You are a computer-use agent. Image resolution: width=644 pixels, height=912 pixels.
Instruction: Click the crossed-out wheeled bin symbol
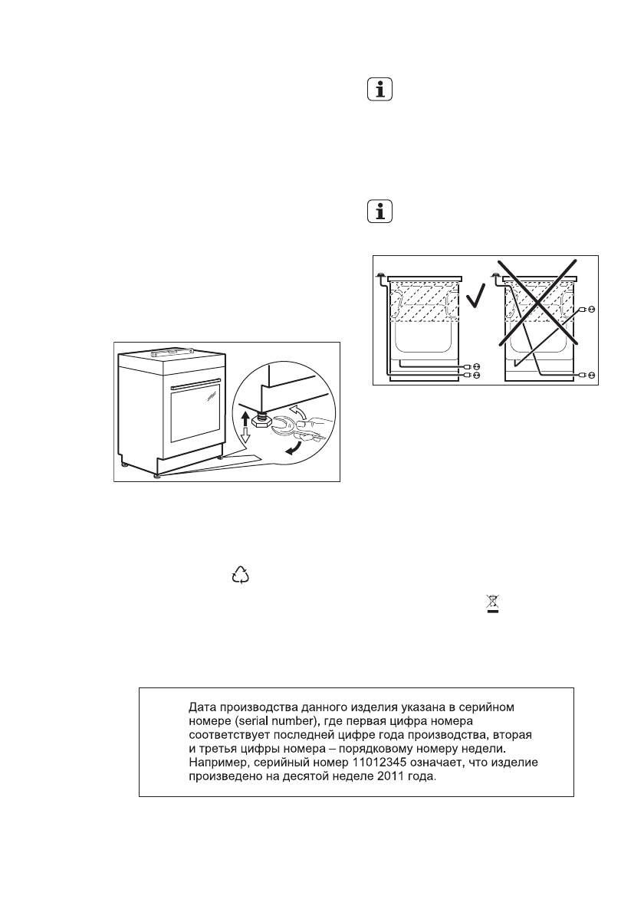485,603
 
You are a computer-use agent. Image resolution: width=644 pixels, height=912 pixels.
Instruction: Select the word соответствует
227,734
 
